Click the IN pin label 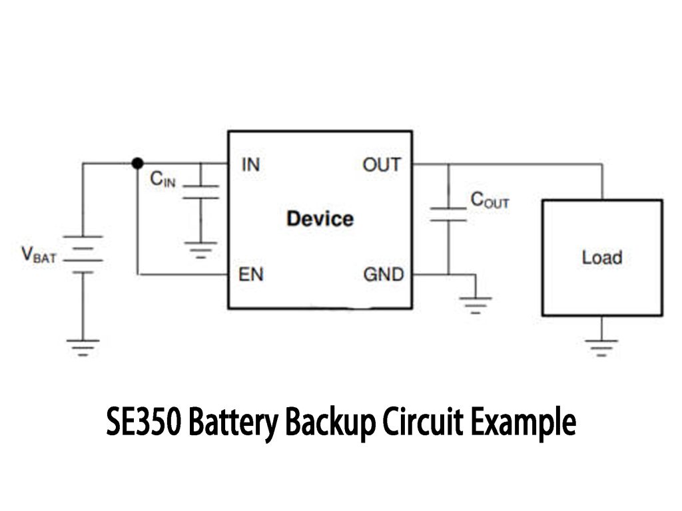point(250,164)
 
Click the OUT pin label point(382,164)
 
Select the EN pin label point(251,273)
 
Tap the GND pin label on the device point(383,273)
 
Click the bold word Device point(320,218)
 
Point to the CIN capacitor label point(163,178)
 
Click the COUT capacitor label point(490,200)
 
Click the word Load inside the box point(601,257)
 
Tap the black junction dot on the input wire point(137,163)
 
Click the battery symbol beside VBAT point(83,254)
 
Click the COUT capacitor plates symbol point(448,214)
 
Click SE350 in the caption point(143,423)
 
